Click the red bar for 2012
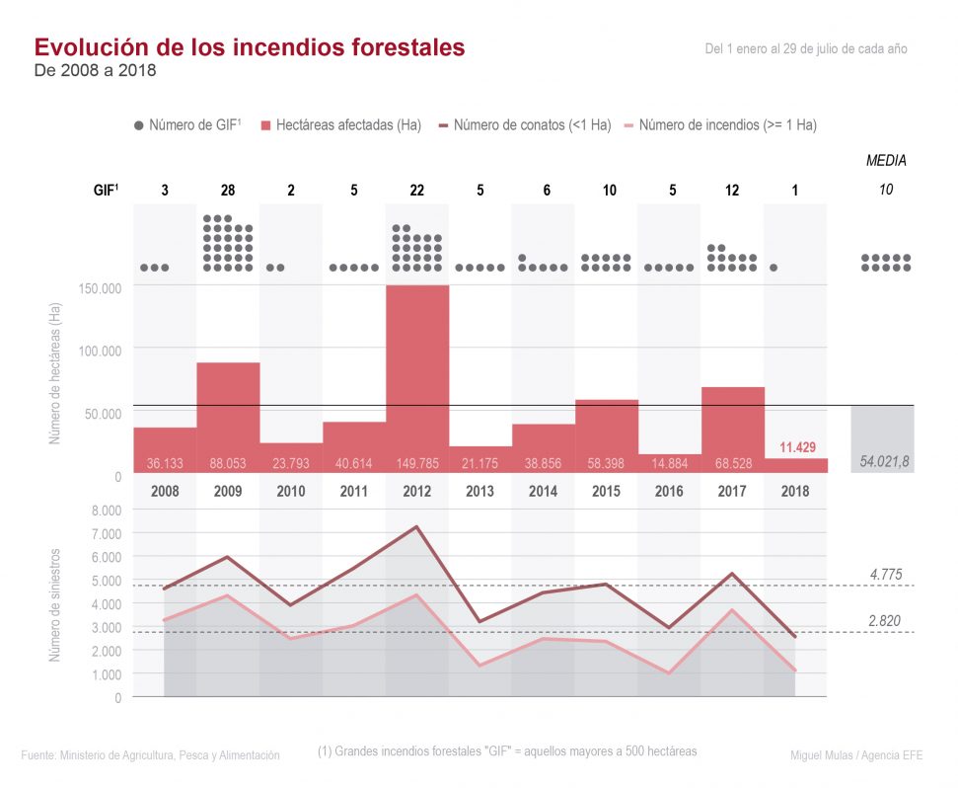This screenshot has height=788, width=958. coord(417,375)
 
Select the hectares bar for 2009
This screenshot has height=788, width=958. coord(228,415)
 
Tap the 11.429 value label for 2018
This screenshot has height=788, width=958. coord(796,447)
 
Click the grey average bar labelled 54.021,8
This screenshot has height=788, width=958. coord(882,438)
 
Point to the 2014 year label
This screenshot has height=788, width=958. coord(543,491)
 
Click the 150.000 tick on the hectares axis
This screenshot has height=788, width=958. coord(99,287)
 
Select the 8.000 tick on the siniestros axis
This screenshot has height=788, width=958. coord(106,510)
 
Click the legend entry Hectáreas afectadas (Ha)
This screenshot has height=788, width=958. coord(341,125)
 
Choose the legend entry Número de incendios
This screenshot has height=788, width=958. coord(721,125)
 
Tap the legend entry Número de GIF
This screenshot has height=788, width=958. coord(187,125)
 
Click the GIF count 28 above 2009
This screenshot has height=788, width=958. coord(228,190)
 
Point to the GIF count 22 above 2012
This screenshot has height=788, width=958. coord(417,190)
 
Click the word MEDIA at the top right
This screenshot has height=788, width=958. coord(886,160)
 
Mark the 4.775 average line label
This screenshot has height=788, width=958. coord(885,574)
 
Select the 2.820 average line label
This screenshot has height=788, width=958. coord(885,620)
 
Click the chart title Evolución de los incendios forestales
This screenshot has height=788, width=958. coord(250,47)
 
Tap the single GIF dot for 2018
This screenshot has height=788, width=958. coord(774,268)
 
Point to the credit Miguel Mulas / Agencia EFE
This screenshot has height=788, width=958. coord(855,754)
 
